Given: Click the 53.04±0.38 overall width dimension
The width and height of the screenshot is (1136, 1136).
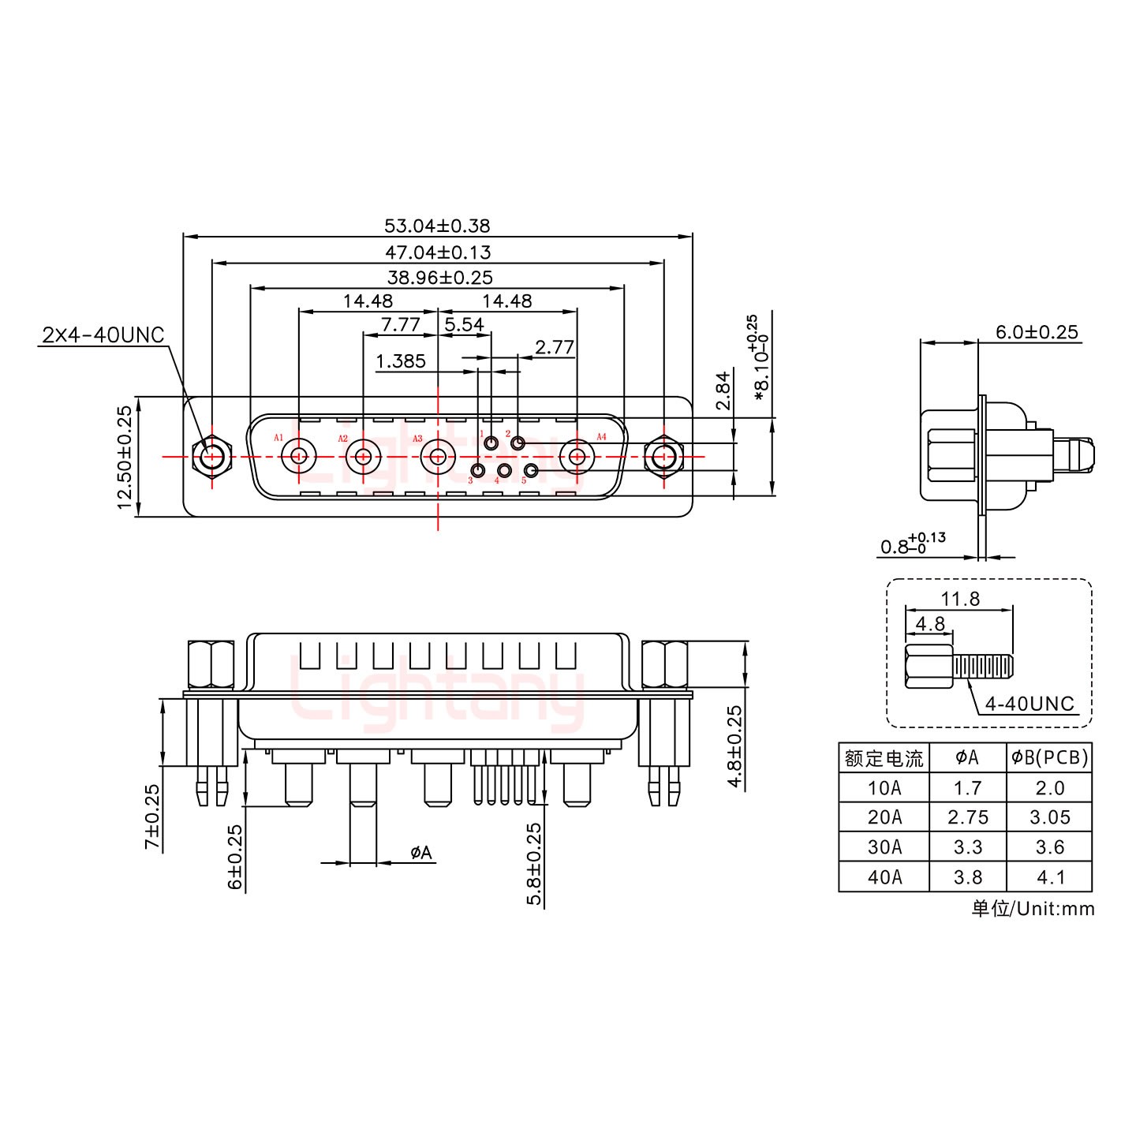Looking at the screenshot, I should point(436,226).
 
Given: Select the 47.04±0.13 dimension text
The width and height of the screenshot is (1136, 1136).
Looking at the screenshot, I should point(436,252).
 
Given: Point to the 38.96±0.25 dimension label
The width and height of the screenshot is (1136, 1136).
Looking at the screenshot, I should point(439,278).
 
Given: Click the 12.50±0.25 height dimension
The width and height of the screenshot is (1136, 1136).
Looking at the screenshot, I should point(125,458).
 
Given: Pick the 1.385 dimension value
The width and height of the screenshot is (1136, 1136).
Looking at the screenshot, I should point(400,361).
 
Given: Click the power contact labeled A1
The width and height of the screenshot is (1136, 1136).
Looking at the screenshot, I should point(300,456).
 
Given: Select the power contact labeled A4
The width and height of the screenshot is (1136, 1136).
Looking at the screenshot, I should point(577,456).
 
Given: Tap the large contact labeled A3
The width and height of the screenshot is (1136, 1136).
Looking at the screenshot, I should point(437,456).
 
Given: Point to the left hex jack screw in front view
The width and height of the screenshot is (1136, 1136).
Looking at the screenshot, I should point(211,457).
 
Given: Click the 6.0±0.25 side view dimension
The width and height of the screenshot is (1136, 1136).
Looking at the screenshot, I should point(1036,332).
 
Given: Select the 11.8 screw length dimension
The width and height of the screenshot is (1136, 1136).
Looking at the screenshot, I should point(960,600).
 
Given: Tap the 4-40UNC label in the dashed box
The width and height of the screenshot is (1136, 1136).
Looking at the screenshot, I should point(1029,703).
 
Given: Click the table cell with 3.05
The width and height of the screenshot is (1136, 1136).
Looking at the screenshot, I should point(1049,817).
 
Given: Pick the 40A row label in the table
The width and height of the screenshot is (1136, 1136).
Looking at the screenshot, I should point(884,876).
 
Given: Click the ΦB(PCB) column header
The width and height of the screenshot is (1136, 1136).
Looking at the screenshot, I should point(1049,758).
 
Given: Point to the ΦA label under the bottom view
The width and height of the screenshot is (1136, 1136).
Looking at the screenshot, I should point(421,853).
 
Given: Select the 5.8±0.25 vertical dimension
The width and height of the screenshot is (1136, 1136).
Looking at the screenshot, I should point(534,864).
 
